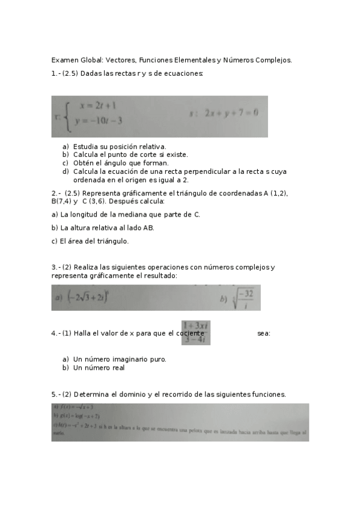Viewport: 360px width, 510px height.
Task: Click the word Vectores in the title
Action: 121,60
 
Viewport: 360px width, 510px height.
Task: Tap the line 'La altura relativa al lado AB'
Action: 102,228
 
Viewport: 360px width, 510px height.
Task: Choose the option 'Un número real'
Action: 99,367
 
